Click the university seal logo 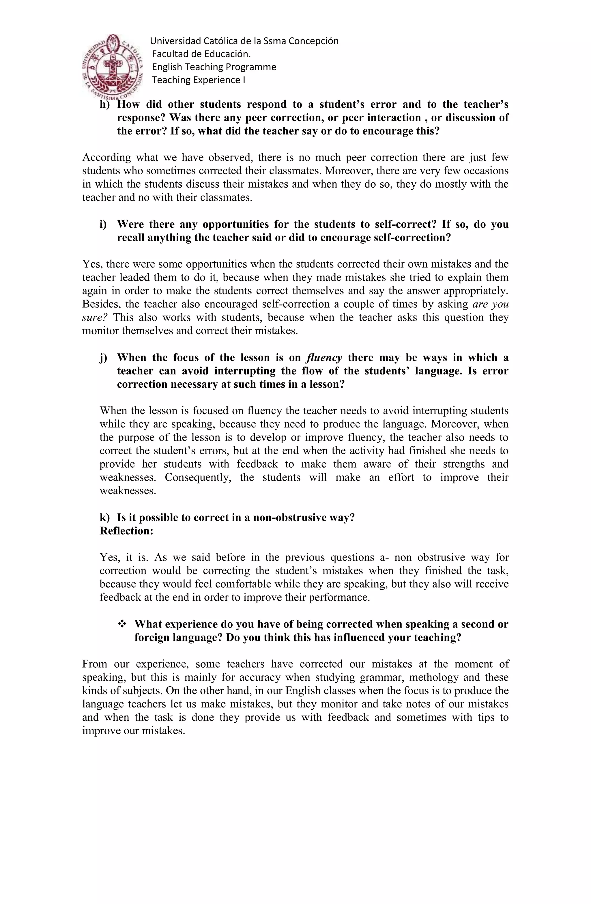[x=113, y=65]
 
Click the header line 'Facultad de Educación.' [x=201, y=54]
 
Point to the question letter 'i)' [x=103, y=225]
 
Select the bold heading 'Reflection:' [x=126, y=531]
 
